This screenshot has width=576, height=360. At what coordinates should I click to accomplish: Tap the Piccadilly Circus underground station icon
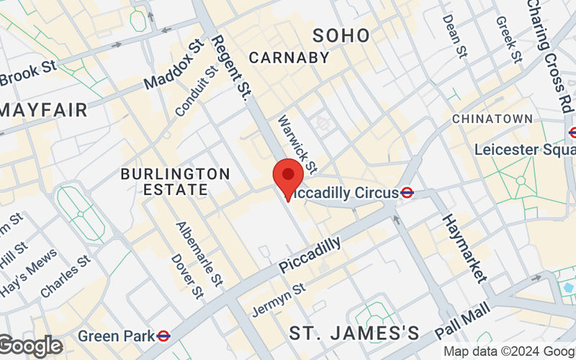(x=407, y=192)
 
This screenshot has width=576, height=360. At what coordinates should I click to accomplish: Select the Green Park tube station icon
(x=163, y=336)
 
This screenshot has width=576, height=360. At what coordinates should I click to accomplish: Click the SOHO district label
(x=341, y=35)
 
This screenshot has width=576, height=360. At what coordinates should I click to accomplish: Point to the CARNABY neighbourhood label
(x=289, y=57)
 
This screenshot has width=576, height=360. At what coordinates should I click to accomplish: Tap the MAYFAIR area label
(x=45, y=110)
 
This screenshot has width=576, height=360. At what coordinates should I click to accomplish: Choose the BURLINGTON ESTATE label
(x=175, y=182)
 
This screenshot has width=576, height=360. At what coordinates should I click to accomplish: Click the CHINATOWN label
(x=492, y=118)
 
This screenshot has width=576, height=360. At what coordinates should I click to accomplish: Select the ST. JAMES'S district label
(x=354, y=333)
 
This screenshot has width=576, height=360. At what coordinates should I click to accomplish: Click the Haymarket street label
(x=464, y=247)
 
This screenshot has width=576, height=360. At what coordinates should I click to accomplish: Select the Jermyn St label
(x=279, y=299)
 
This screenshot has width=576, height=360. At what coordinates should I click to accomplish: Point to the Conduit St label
(x=197, y=91)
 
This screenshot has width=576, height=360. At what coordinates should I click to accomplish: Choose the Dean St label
(x=453, y=36)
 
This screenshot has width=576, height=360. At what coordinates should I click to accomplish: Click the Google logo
(x=30, y=346)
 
